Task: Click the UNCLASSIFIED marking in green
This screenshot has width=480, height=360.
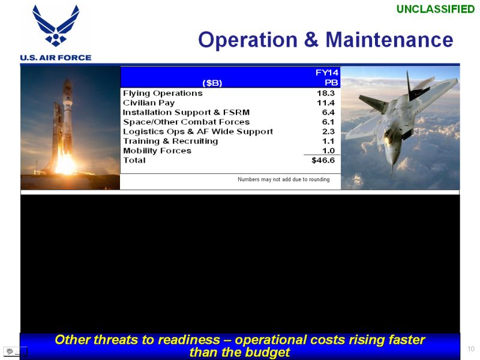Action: (436, 9)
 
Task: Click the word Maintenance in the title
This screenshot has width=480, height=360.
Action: (389, 40)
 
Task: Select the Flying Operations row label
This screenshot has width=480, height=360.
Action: (163, 94)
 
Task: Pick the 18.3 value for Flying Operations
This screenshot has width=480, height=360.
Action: (326, 93)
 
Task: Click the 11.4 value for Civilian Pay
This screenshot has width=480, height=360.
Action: (326, 103)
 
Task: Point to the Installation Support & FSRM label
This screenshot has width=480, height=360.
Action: (186, 112)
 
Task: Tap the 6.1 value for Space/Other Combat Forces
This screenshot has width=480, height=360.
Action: (328, 122)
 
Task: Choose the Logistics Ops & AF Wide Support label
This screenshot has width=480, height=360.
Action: (198, 131)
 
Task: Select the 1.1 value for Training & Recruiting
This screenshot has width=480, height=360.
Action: (328, 141)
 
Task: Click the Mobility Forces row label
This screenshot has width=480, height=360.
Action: (157, 151)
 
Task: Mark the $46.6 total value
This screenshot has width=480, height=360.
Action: (323, 160)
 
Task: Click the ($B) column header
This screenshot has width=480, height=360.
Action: (212, 83)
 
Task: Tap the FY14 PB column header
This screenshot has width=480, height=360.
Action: (327, 77)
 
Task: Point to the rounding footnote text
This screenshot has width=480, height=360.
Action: (283, 179)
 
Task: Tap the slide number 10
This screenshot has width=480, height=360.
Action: (471, 349)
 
